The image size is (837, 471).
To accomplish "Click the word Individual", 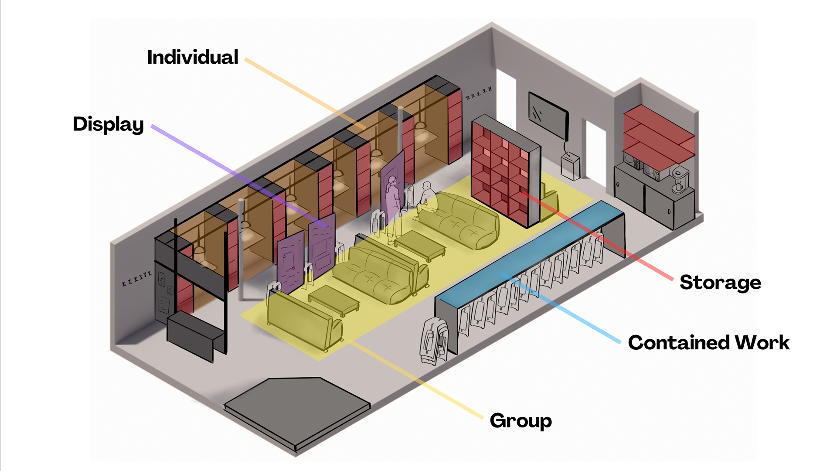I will click(193, 58).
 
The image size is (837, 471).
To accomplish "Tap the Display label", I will click(108, 125).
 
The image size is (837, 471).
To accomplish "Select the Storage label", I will click(720, 283).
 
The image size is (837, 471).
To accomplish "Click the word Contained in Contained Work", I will click(679, 343).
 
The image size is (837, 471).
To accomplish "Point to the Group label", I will click(521, 421).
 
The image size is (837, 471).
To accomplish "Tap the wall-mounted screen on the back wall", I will click(548, 115).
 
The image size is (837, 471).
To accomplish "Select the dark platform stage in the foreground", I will click(296, 410).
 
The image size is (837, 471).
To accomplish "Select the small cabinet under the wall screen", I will click(570, 166).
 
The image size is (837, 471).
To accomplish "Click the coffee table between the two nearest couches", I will click(333, 300).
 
